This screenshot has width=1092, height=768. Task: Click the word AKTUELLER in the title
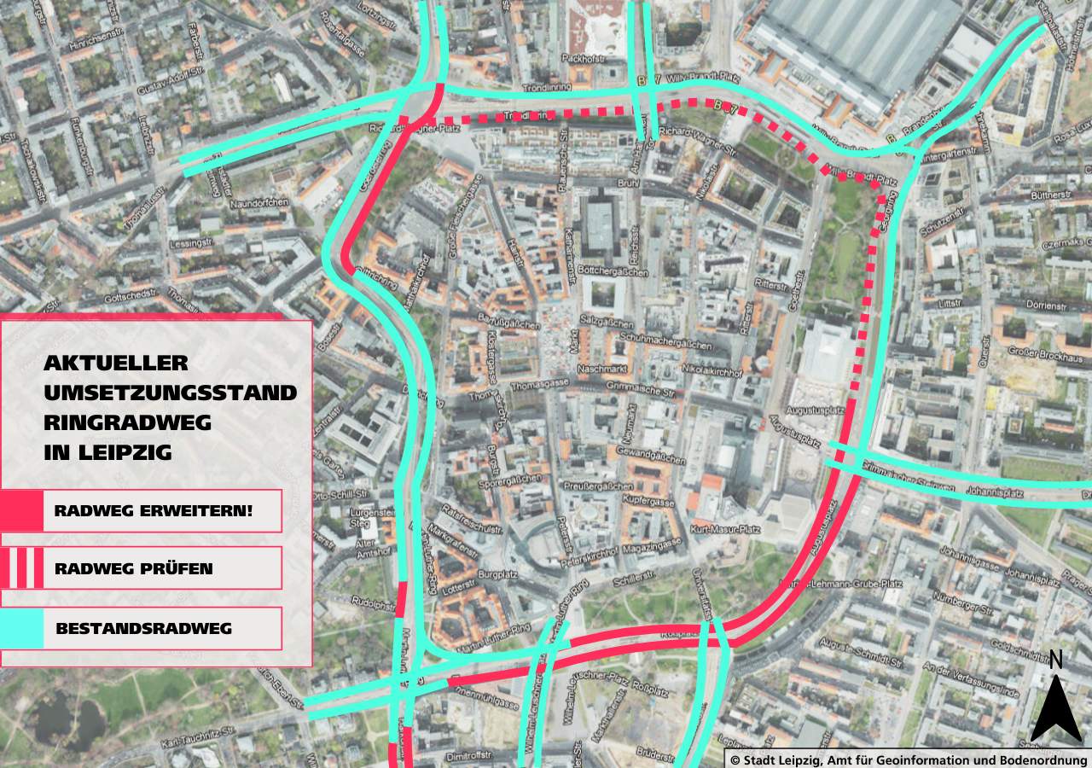tap(116, 363)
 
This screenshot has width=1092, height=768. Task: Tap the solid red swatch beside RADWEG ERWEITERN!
tap(21, 511)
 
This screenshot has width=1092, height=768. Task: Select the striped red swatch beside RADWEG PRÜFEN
tap(21, 568)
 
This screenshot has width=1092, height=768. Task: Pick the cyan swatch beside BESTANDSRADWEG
tap(21, 629)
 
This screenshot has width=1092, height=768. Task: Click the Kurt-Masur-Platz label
tap(725, 530)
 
